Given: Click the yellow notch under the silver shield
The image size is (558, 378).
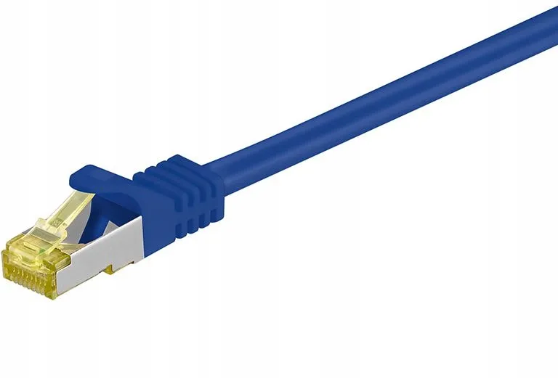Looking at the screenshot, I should tap(108, 271).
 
